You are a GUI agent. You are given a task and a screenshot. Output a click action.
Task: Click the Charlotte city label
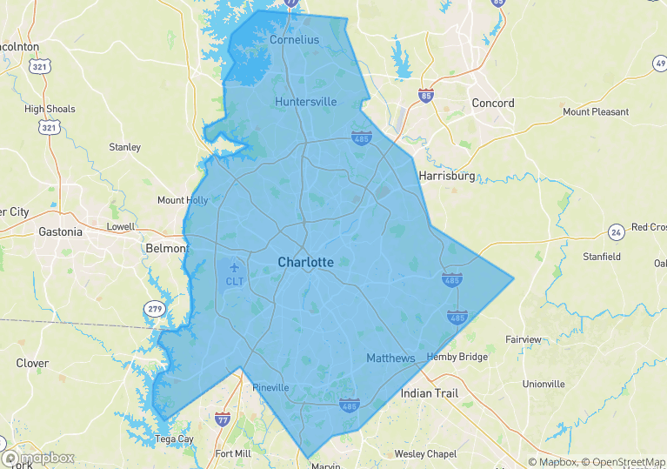point(305,262)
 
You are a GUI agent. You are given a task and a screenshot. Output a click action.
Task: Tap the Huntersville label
point(305,102)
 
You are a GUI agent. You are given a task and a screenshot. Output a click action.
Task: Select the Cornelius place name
point(294,40)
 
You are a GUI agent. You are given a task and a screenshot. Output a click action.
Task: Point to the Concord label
point(492,103)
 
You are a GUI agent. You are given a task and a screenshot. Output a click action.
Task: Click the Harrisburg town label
point(447,176)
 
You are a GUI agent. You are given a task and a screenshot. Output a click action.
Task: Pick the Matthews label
point(390,358)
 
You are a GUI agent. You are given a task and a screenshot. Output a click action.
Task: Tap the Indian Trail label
point(429,393)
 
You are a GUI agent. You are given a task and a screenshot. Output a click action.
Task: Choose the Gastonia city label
point(61,231)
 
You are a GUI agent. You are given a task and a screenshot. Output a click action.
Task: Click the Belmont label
point(165,248)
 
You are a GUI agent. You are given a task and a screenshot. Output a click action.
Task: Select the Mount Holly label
point(183,200)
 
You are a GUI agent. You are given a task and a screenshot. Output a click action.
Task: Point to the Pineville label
point(270,388)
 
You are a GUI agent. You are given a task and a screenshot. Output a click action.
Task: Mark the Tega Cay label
point(174,439)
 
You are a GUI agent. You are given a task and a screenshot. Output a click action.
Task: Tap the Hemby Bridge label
point(457,358)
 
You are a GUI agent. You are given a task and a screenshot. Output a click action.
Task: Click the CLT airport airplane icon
point(234,266)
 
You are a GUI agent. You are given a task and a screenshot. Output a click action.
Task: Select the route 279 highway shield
point(155,309)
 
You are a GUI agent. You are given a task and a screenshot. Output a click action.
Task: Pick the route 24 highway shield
point(616,232)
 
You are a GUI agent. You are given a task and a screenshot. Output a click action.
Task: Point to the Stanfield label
point(601,257)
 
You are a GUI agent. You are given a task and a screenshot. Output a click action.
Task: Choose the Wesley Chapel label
point(425,454)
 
